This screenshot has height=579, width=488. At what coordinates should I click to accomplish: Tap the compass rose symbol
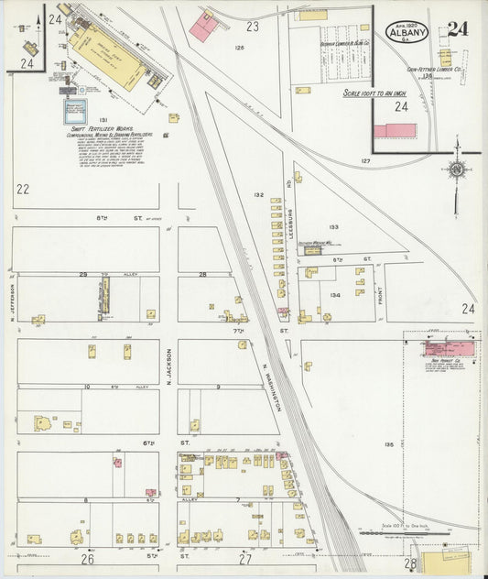pos(455,170)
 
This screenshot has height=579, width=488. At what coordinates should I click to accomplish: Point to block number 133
pos(333,226)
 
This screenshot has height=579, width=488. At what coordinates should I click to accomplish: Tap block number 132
pos(259,195)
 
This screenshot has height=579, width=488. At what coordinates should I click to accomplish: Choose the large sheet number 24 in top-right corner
pos(459,28)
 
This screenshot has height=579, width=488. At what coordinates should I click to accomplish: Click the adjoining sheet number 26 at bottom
pos(88,558)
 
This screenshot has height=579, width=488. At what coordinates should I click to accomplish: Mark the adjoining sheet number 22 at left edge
pos(23,189)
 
